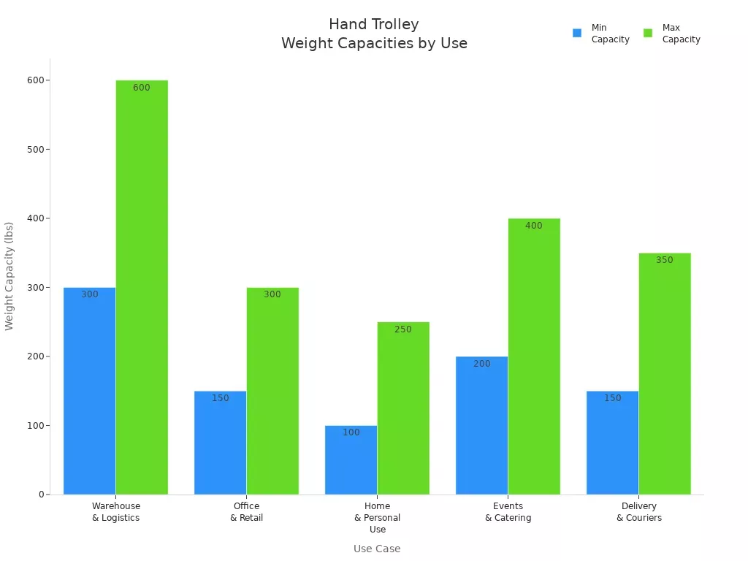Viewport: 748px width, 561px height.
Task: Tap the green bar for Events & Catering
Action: pos(534,358)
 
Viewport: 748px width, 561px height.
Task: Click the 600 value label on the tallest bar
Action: pos(142,88)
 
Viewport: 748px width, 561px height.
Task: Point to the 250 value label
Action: pos(403,329)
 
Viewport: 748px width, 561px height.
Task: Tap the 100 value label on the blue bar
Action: pos(351,432)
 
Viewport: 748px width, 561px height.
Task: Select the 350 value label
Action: pos(665,260)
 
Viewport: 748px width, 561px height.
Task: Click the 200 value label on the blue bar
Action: pos(482,364)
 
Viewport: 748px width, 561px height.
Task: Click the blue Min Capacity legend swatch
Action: pos(577,33)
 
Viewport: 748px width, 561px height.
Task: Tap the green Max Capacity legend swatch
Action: pos(648,33)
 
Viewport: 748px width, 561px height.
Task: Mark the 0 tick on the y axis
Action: pos(42,495)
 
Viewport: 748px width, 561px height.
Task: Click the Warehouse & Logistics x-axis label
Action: pos(116,511)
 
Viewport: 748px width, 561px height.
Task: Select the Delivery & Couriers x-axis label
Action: pos(639,511)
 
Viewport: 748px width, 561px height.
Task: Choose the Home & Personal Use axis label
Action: pos(378,517)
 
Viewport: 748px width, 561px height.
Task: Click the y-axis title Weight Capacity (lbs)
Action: pos(9,276)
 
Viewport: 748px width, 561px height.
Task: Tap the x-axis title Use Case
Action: pos(377,549)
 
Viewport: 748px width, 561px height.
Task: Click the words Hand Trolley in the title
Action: pos(374,24)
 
